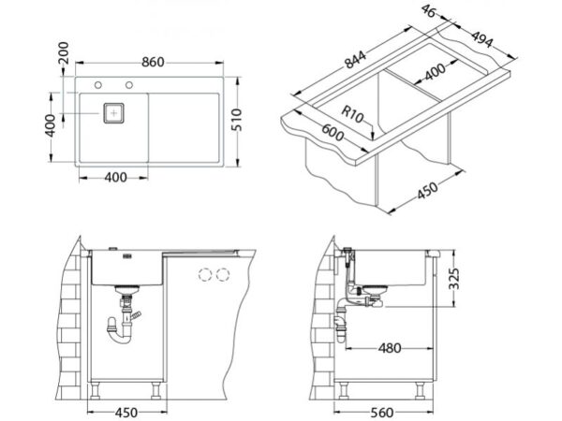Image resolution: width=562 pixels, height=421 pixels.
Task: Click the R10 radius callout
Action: click(x=351, y=115)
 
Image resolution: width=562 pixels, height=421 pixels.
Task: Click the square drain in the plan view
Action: click(x=114, y=112)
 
